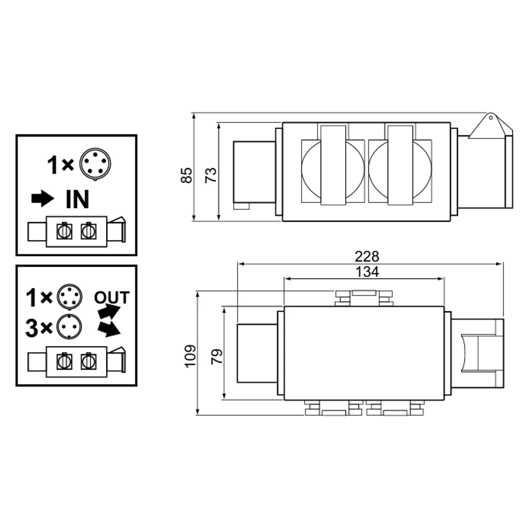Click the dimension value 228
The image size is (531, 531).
[367, 256]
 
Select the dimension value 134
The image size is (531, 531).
[367, 271]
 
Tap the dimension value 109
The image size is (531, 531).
[190, 356]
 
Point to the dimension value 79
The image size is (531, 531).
[217, 356]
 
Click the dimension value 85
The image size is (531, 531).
[186, 175]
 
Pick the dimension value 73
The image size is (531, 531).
[211, 175]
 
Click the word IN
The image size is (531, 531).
[78, 200]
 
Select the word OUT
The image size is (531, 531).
[112, 298]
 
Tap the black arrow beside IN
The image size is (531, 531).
[42, 199]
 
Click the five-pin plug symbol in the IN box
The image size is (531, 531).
[96, 164]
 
